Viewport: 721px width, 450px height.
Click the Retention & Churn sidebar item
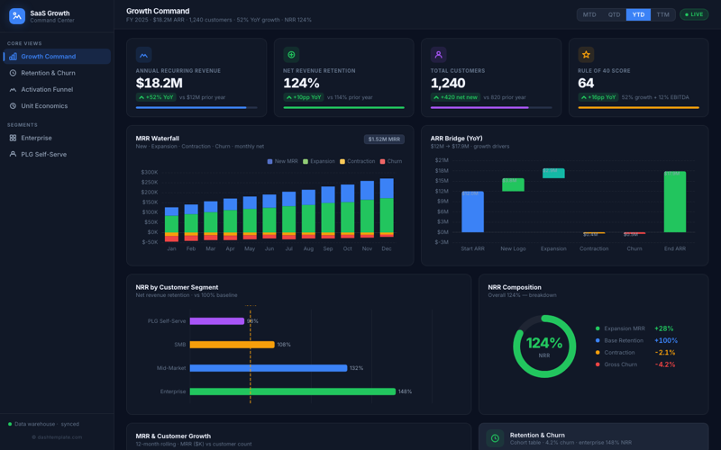48,73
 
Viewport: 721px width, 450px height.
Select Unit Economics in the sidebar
44,106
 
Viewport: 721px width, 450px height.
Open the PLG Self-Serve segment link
43,154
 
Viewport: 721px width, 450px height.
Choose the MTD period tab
589,14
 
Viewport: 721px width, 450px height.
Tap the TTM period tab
663,14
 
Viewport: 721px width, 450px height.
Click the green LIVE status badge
694,14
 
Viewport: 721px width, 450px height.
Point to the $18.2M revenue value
160,84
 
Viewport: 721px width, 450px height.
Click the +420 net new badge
455,97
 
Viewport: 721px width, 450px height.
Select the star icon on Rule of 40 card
586,55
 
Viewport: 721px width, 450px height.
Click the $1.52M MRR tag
384,139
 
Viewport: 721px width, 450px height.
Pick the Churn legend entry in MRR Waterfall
391,161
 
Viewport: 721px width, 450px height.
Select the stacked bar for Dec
387,209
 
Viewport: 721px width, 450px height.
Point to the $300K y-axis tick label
149,172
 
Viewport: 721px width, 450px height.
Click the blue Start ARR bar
472,211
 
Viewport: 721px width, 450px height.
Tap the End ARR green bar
675,202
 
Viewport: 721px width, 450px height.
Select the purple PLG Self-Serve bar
216,321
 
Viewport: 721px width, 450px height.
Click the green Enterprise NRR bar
292,391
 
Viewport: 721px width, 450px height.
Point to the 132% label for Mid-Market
356,368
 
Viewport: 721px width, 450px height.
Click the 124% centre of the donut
544,344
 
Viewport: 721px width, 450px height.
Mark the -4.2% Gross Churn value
665,364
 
